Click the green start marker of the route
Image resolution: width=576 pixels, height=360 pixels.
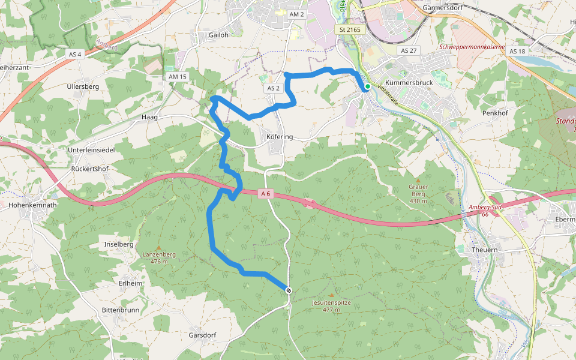(367, 86)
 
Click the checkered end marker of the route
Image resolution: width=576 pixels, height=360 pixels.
(289, 290)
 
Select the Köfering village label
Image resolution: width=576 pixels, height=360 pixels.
(279, 137)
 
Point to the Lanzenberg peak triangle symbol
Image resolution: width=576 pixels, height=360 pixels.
(158, 247)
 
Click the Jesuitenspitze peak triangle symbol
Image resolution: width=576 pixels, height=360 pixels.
(331, 295)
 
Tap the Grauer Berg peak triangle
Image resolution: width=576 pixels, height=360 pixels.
(418, 178)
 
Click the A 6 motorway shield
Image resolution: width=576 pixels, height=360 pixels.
(266, 193)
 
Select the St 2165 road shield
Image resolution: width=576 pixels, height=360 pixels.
(349, 29)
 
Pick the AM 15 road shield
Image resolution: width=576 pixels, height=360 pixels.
(178, 77)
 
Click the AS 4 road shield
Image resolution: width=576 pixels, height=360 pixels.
(75, 54)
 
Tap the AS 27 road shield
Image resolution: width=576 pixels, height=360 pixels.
(409, 51)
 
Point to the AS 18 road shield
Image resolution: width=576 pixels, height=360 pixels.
(517, 51)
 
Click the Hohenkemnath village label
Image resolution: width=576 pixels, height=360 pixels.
(33, 205)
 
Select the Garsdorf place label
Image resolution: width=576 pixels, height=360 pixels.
(202, 335)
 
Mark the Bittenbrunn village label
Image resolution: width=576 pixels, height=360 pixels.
(120, 310)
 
